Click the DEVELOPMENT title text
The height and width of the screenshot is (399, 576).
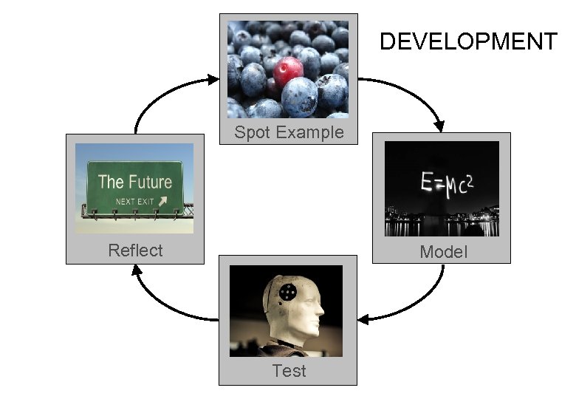pos(468,41)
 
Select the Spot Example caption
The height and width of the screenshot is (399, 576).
pos(289,132)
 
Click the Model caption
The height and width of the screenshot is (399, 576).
pos(443,252)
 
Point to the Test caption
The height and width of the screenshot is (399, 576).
pos(289,370)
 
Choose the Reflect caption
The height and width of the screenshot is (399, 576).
pos(135,250)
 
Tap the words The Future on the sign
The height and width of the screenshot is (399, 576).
pos(134,182)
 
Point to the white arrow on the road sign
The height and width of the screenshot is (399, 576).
pos(162,200)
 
